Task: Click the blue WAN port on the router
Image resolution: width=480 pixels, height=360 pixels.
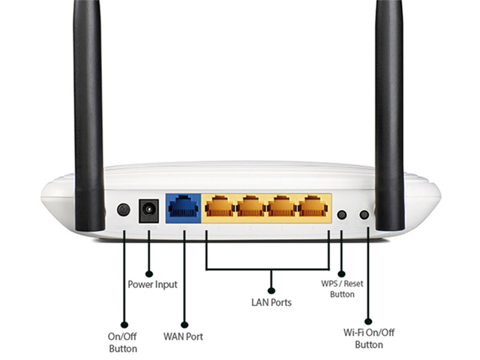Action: [182, 205]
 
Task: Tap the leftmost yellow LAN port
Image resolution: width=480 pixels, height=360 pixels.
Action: [217, 205]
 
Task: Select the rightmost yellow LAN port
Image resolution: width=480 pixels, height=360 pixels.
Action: [313, 205]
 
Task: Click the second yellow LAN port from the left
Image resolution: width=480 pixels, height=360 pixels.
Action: [250, 205]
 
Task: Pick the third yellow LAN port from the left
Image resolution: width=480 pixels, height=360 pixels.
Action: [281, 205]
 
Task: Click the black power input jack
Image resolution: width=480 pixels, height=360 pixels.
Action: [148, 209]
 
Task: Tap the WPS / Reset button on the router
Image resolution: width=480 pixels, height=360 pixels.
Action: [342, 214]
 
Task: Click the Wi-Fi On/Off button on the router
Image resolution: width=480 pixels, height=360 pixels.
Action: [364, 214]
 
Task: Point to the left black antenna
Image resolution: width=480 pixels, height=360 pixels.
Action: [88, 112]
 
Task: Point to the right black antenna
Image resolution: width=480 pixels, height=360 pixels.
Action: [389, 112]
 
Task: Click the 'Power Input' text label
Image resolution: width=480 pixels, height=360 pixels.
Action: [153, 285]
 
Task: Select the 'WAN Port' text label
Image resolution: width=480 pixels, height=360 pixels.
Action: [183, 337]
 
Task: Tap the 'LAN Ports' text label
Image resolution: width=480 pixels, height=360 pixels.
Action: [271, 302]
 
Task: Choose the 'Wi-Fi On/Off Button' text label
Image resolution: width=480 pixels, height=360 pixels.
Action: [369, 339]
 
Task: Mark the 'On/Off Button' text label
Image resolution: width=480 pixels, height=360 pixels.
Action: [123, 343]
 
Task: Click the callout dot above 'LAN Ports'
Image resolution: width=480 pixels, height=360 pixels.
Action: [271, 289]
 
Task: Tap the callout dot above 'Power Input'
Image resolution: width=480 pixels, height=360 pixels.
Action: [148, 273]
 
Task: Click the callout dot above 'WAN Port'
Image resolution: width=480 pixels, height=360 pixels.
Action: [184, 323]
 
